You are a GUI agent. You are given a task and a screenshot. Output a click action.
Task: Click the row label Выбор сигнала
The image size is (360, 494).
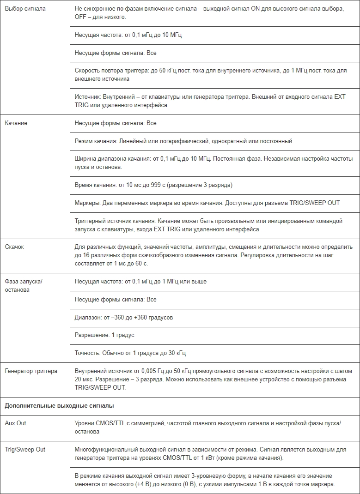(x=25, y=9)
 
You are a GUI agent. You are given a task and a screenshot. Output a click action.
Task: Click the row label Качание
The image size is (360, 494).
(x=16, y=123)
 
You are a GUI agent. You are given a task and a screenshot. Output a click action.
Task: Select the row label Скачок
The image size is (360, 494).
(x=14, y=247)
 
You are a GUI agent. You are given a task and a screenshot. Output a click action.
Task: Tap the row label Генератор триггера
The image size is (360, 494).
(x=31, y=371)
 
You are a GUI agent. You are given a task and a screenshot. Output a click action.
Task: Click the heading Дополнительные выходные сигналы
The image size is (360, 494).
(x=59, y=406)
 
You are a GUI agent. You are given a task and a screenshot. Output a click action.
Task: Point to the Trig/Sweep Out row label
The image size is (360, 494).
(x=25, y=449)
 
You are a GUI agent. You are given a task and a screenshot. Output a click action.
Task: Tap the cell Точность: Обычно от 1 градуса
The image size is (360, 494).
(x=130, y=353)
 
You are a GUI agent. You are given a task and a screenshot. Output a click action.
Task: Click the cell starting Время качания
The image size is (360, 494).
(x=153, y=185)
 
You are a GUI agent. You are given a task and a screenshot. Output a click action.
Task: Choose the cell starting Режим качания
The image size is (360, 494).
(x=183, y=141)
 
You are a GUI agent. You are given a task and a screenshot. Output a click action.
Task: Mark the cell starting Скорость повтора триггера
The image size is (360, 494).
(x=210, y=75)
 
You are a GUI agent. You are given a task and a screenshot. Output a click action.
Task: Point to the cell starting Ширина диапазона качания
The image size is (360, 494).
(x=213, y=163)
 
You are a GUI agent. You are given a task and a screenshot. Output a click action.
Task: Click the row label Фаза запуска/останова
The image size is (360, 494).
(x=23, y=286)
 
